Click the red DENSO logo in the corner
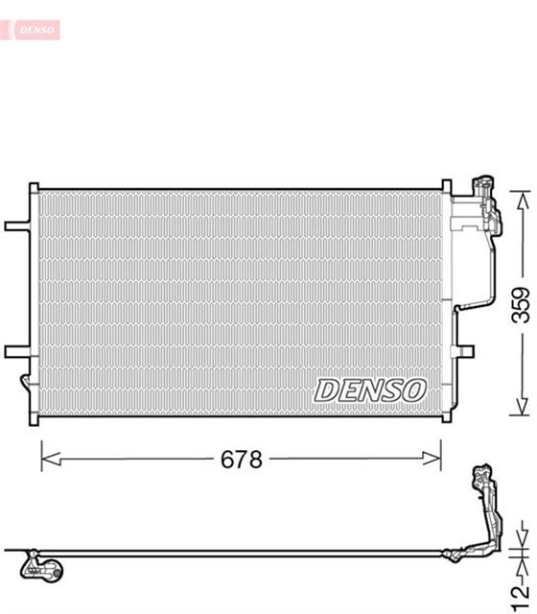(35, 31)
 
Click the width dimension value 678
(241, 460)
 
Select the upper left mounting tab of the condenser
(17, 227)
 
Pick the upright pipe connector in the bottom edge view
(484, 508)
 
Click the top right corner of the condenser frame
(446, 185)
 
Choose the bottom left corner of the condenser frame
(35, 422)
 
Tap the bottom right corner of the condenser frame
(446, 422)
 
